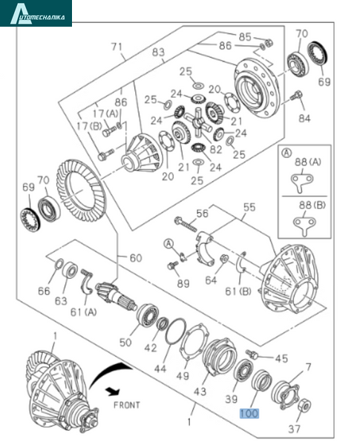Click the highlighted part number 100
tap(249, 413)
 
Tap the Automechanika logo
tap(36, 13)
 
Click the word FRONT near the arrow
tap(127, 405)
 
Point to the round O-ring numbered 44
tap(176, 331)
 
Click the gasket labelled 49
tap(194, 340)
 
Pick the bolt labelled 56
tap(186, 224)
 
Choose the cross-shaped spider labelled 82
tap(197, 122)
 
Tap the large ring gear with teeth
tap(81, 191)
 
